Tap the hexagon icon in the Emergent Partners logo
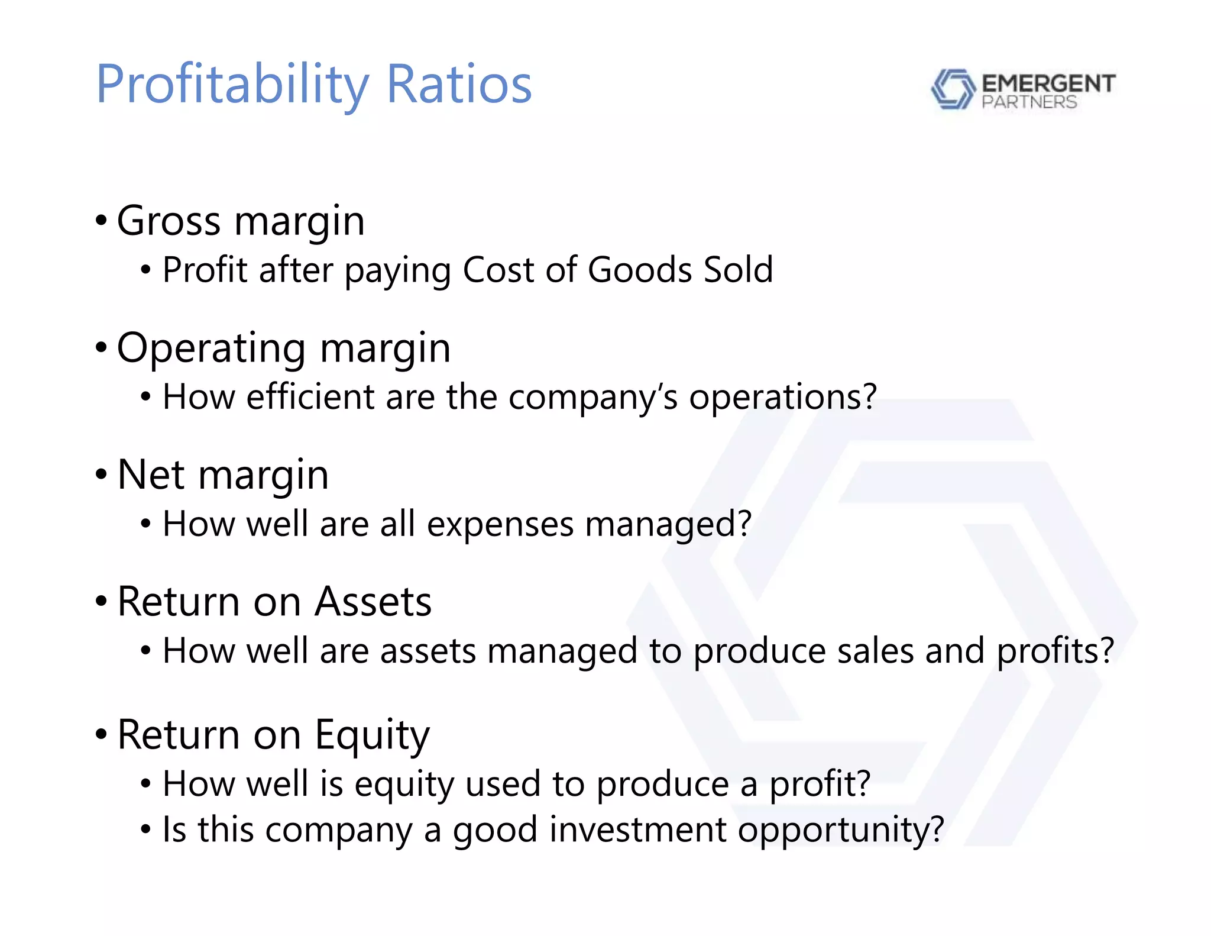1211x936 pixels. [952, 89]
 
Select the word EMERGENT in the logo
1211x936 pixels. [1048, 83]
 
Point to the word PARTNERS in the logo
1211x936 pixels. [1029, 102]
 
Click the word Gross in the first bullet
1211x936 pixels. [169, 221]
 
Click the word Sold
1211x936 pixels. [739, 270]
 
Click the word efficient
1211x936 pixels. [310, 396]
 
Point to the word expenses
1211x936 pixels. [500, 524]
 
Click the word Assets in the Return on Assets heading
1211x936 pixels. [373, 602]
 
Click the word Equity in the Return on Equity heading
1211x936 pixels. [372, 735]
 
